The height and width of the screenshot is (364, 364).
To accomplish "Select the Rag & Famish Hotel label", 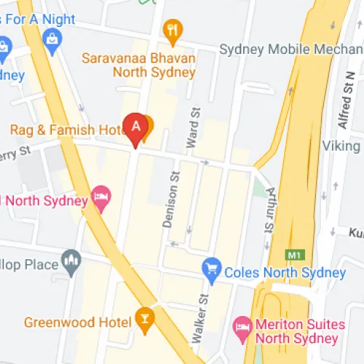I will [x=67, y=130].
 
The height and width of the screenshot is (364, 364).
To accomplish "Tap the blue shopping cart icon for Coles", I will [x=212, y=269].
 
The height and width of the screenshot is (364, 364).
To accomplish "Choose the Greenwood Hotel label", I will [x=76, y=321].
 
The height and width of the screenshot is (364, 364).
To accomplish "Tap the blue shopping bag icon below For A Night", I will [x=52, y=41].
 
